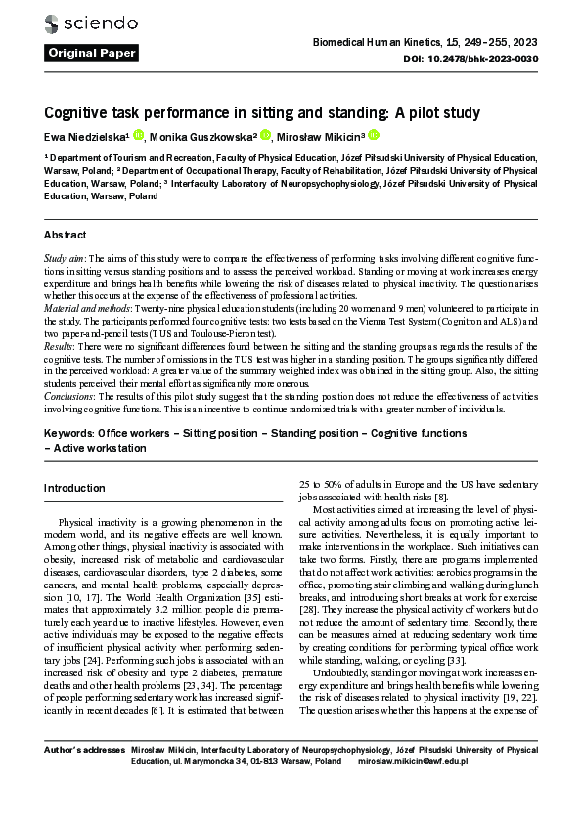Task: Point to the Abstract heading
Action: (66, 236)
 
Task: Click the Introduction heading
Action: (74, 488)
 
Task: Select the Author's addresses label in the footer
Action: (83, 750)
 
